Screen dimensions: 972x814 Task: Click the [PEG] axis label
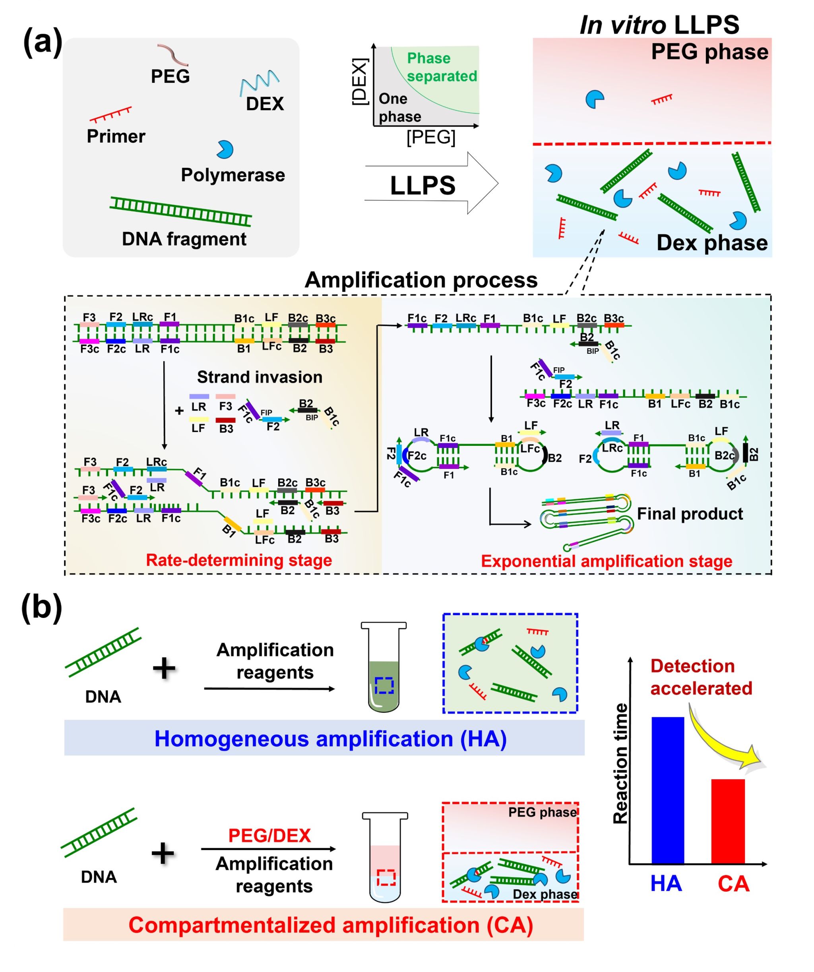coord(430,137)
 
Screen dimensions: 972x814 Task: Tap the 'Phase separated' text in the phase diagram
coord(441,67)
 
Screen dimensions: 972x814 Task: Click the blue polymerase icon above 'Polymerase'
coord(225,149)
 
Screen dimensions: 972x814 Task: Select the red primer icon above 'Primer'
coord(110,114)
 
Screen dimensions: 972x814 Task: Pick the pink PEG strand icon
coord(173,54)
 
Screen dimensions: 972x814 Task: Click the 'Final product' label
coord(690,514)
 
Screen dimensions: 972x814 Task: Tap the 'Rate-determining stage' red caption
coord(239,560)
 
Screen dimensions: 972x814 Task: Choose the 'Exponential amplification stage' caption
coord(607,561)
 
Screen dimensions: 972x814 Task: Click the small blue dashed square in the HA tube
coord(384,685)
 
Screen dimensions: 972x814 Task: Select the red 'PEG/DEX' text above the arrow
coord(269,835)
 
